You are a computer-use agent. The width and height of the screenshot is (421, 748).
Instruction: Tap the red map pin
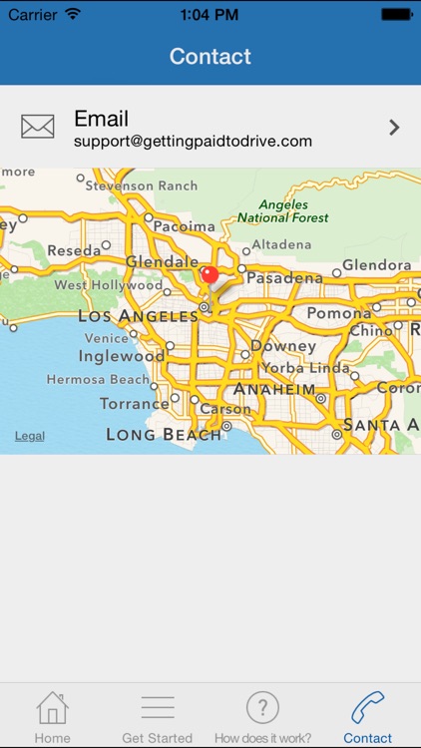click(x=210, y=275)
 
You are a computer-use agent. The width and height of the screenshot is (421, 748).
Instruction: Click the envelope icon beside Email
click(x=38, y=127)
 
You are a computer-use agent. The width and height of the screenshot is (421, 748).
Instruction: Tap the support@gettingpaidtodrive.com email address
click(x=193, y=142)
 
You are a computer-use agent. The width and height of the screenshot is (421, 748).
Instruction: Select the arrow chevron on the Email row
click(x=394, y=127)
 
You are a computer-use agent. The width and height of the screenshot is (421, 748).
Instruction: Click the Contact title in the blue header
click(x=210, y=56)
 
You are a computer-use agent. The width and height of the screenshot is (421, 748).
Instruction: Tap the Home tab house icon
click(x=52, y=708)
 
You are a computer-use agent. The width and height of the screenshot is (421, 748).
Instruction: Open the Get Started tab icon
click(x=158, y=708)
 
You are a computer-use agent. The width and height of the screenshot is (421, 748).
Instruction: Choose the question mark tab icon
click(x=262, y=708)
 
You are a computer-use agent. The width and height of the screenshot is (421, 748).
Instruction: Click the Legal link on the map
click(x=29, y=436)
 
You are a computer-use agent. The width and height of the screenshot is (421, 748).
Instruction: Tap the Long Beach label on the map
click(x=164, y=434)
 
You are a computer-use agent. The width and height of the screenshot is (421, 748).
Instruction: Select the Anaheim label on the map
click(x=274, y=389)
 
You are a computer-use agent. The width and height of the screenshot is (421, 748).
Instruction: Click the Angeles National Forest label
click(x=283, y=210)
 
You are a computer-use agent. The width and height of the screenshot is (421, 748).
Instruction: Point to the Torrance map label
click(x=135, y=404)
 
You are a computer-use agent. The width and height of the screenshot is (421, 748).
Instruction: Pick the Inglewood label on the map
click(x=121, y=356)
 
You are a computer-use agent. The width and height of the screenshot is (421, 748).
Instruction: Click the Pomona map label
click(x=338, y=313)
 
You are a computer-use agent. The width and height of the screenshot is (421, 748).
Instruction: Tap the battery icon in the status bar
click(x=396, y=15)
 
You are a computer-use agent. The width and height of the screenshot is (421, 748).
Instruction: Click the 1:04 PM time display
click(x=210, y=15)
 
